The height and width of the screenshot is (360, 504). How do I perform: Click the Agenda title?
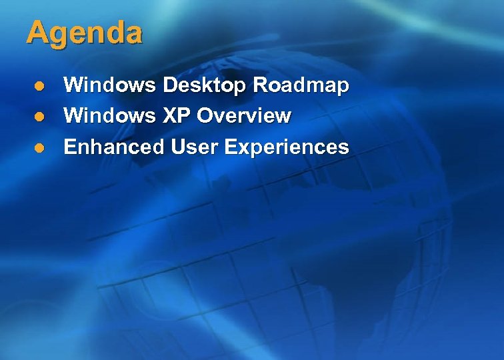pos(84,33)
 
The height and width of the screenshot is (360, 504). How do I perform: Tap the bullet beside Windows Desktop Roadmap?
pos(40,86)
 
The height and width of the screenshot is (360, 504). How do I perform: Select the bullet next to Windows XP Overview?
pos(40,117)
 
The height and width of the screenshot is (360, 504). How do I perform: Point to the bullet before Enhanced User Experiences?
pos(40,147)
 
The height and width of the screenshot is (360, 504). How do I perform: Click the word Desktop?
pos(204,85)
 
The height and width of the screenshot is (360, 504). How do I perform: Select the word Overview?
pos(245,116)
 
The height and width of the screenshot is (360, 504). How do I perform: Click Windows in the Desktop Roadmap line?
pos(110,85)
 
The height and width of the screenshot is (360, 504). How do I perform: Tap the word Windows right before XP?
pos(110,116)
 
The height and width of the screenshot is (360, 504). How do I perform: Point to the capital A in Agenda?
pos(36,33)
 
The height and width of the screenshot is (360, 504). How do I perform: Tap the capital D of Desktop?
pos(170,85)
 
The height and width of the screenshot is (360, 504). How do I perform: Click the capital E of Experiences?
pos(231,147)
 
